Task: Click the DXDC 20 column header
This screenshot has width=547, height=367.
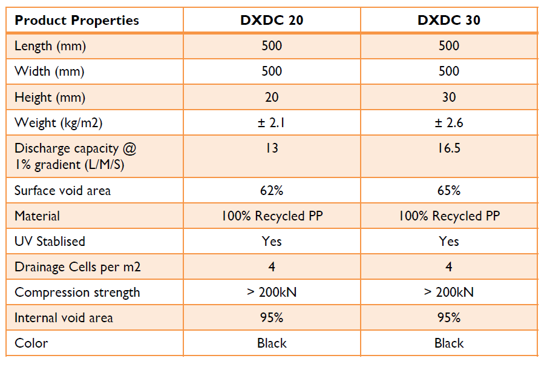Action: pyautogui.click(x=272, y=20)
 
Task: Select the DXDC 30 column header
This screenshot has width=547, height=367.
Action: pyautogui.click(x=448, y=20)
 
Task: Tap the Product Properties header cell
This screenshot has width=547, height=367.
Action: pyautogui.click(x=77, y=20)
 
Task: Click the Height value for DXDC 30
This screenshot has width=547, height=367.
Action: pyautogui.click(x=448, y=97)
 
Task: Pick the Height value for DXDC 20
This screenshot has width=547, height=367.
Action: pyautogui.click(x=272, y=97)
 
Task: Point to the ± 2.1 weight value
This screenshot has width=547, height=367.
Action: pyautogui.click(x=272, y=123)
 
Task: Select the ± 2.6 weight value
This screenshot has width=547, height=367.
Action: pyautogui.click(x=448, y=123)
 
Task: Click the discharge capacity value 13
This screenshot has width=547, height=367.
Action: pyautogui.click(x=272, y=148)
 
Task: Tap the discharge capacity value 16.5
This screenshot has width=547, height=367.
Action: pyautogui.click(x=448, y=148)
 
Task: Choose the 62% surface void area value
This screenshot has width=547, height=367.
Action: pyautogui.click(x=272, y=190)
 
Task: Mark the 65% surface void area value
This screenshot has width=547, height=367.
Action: pyautogui.click(x=448, y=190)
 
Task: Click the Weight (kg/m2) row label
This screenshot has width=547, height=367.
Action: pyautogui.click(x=59, y=123)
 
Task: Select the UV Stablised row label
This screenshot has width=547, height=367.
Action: pyautogui.click(x=50, y=241)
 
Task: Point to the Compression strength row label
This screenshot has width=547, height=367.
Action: pyautogui.click(x=77, y=293)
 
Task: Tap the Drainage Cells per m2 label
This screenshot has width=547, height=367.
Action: pyautogui.click(x=77, y=266)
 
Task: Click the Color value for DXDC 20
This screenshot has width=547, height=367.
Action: pyautogui.click(x=272, y=343)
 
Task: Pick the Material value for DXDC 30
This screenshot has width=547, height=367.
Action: pyautogui.click(x=448, y=216)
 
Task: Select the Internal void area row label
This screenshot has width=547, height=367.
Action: pyautogui.click(x=64, y=318)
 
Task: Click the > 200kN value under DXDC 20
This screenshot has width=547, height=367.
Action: pyautogui.click(x=272, y=293)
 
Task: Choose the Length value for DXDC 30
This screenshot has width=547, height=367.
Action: pyautogui.click(x=448, y=45)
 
